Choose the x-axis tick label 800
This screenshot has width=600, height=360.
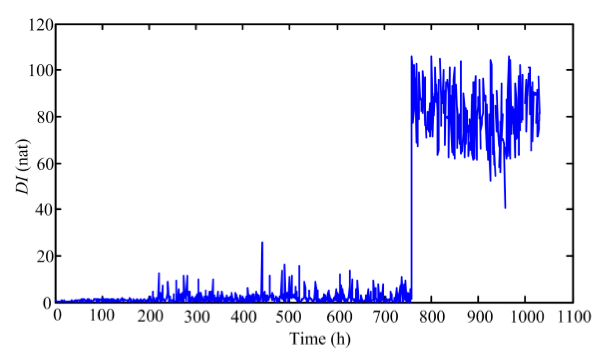[x=431, y=316]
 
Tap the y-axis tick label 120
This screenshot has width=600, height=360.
[x=40, y=25]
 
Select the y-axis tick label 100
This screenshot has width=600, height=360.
[x=40, y=70]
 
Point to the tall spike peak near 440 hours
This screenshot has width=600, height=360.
[x=262, y=242]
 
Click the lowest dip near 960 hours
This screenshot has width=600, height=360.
[x=505, y=207]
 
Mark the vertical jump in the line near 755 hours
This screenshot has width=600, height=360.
[x=411, y=176]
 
